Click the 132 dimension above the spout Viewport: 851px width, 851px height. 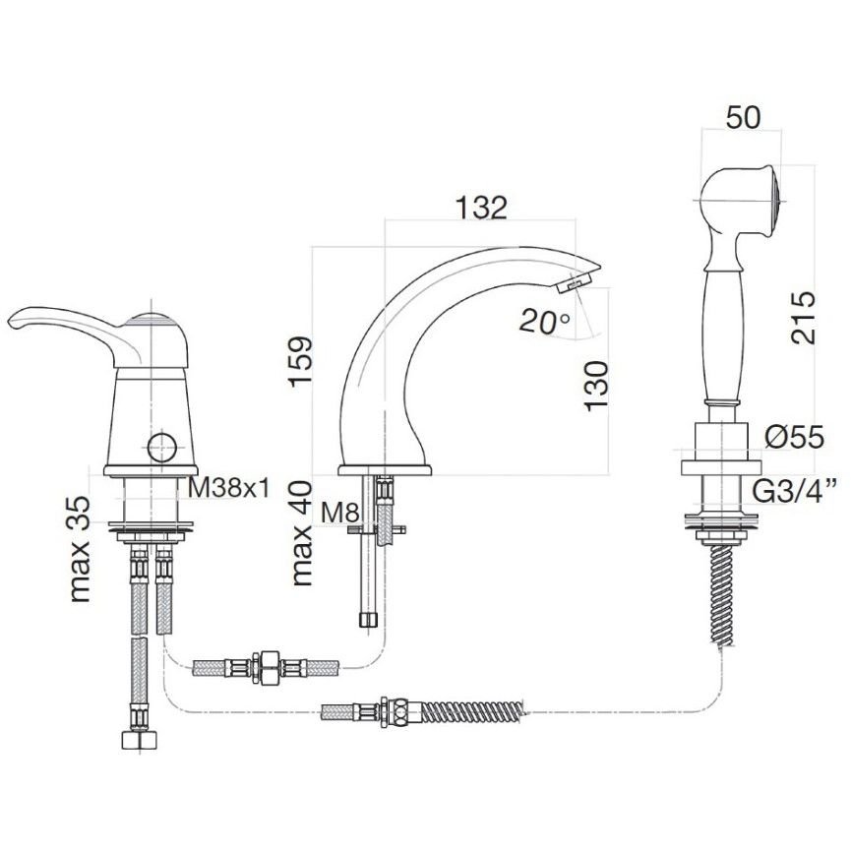click(481, 207)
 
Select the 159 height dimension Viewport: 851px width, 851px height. click(301, 361)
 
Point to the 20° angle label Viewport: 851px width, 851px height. click(544, 322)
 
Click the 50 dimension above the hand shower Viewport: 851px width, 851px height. click(743, 118)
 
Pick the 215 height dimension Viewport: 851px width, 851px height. click(803, 318)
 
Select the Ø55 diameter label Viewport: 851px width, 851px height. click(795, 437)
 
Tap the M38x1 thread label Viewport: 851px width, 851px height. click(228, 488)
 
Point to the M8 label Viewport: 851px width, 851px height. click(340, 512)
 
